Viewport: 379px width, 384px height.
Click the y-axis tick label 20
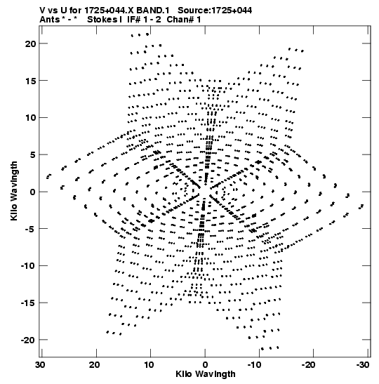pos(31,44)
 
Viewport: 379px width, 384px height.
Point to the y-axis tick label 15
pos(31,81)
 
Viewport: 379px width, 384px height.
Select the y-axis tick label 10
pos(31,118)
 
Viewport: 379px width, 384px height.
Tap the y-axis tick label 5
pos(33,154)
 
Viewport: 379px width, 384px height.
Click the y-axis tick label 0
pos(33,192)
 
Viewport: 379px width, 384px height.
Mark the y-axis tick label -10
pos(28,266)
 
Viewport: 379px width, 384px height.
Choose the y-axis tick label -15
pos(28,303)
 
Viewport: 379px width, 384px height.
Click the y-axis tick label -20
pos(28,340)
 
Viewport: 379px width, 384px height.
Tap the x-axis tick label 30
pos(40,365)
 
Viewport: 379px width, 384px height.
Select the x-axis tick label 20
pos(95,365)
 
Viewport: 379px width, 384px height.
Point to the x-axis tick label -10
pos(257,365)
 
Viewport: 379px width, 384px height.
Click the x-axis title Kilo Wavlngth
pos(206,374)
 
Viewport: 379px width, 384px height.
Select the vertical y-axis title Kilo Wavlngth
pos(14,191)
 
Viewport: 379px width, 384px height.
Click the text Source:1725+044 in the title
pos(215,11)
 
